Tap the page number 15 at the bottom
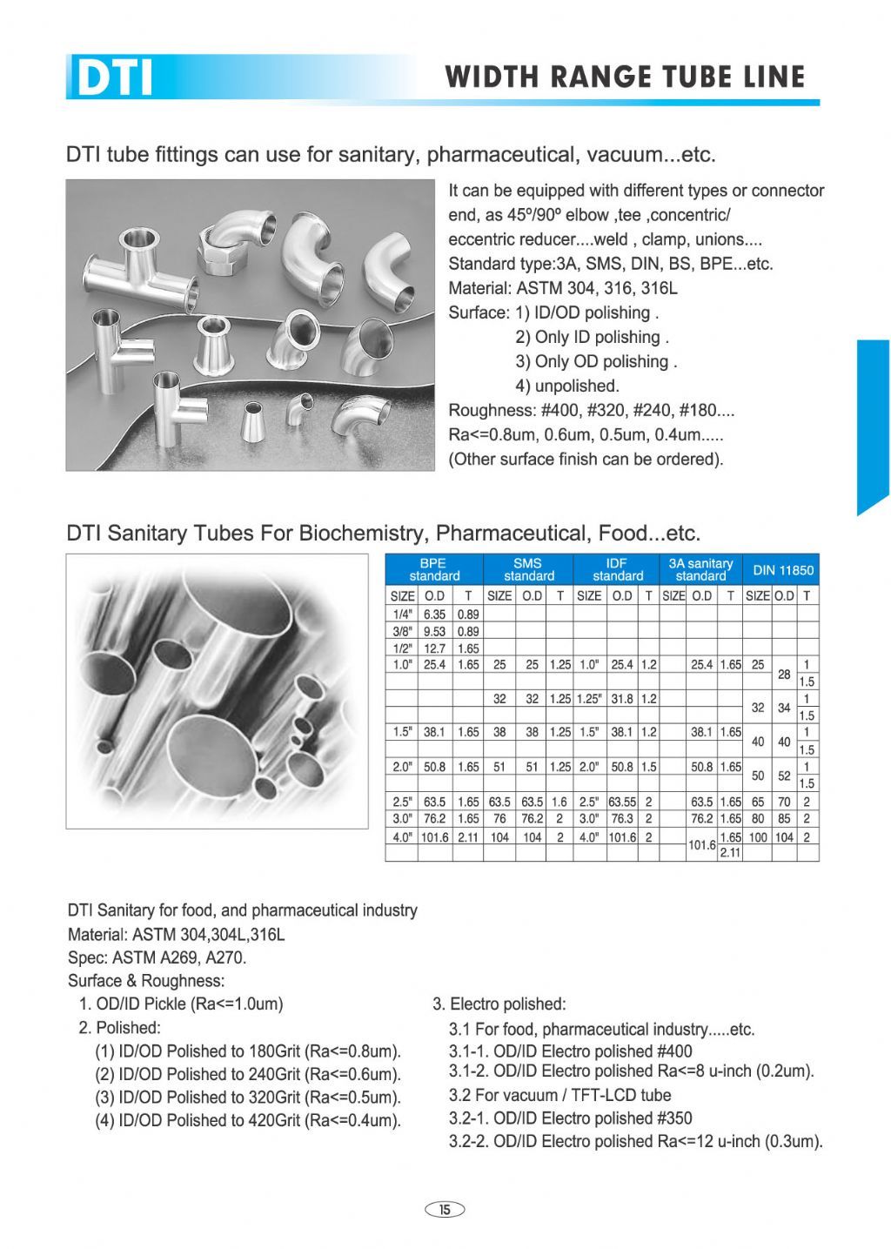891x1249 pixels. point(445,1209)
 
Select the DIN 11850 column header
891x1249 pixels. point(783,570)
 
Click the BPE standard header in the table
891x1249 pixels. point(434,570)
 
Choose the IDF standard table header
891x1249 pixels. point(617,570)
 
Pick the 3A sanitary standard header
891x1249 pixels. point(700,570)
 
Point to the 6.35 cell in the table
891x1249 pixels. point(434,614)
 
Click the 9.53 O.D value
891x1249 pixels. point(434,631)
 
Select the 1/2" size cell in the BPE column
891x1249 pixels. point(402,648)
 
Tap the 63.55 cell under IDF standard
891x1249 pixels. point(621,802)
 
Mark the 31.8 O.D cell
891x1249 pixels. point(621,699)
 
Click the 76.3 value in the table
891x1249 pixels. point(621,819)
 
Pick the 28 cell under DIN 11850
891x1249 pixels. point(784,674)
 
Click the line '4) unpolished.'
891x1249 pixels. point(566,386)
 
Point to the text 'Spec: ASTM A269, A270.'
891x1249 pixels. point(157,957)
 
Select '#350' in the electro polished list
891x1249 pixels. point(671,1118)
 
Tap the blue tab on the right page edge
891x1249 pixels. point(873,426)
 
